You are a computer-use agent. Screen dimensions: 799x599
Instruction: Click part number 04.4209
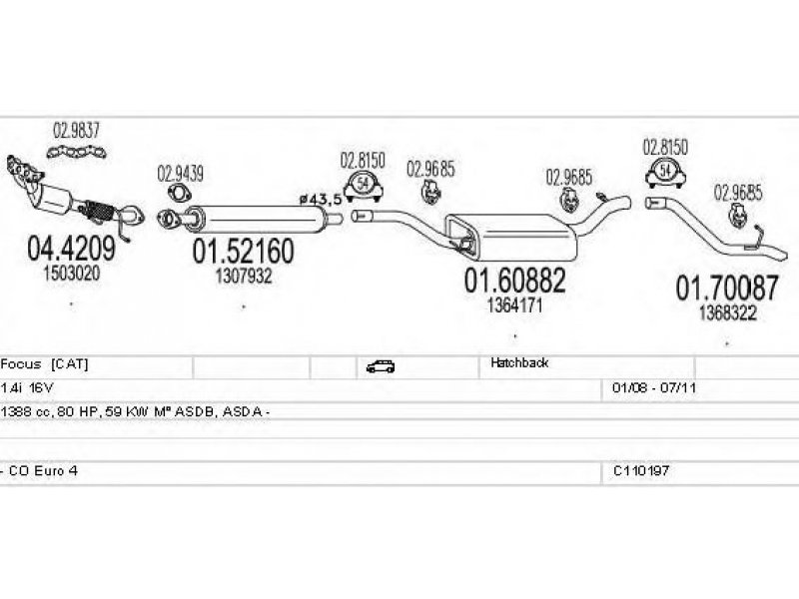pyautogui.click(x=71, y=248)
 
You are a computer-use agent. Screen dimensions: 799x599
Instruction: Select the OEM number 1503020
pyautogui.click(x=71, y=274)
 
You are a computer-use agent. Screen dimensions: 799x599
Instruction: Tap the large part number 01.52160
pyautogui.click(x=243, y=251)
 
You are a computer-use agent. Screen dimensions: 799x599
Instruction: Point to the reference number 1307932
pyautogui.click(x=243, y=277)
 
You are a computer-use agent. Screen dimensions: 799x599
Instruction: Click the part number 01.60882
pyautogui.click(x=514, y=280)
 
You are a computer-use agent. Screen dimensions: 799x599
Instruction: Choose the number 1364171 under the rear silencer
pyautogui.click(x=514, y=305)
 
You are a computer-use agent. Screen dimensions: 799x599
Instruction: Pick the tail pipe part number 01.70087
pyautogui.click(x=727, y=288)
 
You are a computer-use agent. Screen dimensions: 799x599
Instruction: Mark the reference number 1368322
pyautogui.click(x=727, y=312)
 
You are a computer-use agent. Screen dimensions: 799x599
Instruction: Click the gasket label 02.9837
pyautogui.click(x=77, y=131)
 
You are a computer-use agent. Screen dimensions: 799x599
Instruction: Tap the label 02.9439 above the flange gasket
pyautogui.click(x=180, y=174)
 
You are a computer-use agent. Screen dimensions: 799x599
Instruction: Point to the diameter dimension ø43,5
pyautogui.click(x=320, y=199)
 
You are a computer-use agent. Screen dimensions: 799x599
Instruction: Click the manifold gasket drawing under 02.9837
pyautogui.click(x=77, y=152)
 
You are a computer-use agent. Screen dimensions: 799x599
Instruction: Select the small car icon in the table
pyautogui.click(x=381, y=366)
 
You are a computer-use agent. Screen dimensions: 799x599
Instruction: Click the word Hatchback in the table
pyautogui.click(x=519, y=362)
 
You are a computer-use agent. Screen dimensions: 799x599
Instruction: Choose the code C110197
pyautogui.click(x=641, y=470)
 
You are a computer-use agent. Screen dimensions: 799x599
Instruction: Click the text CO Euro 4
pyautogui.click(x=43, y=470)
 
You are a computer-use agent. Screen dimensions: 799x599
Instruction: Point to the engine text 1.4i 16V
pyautogui.click(x=27, y=388)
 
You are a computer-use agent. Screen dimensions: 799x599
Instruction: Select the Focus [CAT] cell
pyautogui.click(x=44, y=363)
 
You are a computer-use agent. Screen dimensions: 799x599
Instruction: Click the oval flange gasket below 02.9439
pyautogui.click(x=179, y=194)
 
